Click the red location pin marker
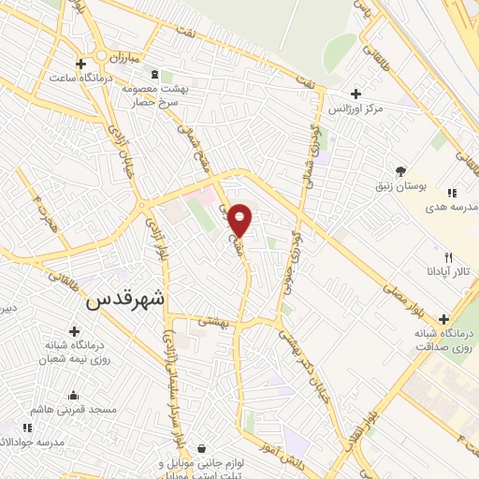point(240,219)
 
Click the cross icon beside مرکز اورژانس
point(356,94)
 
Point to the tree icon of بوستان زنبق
point(401,171)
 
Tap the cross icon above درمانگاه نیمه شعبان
point(73,330)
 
